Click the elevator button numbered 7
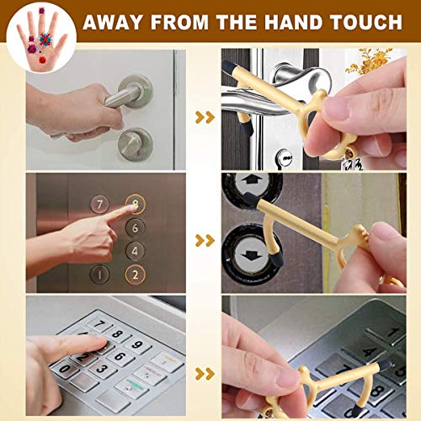tap(100, 205)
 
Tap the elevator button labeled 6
tap(135, 226)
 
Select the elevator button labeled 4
tap(135, 250)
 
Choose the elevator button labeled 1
tap(100, 274)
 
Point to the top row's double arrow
tap(205, 117)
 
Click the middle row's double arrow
tap(205, 241)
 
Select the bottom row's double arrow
tap(205, 373)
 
